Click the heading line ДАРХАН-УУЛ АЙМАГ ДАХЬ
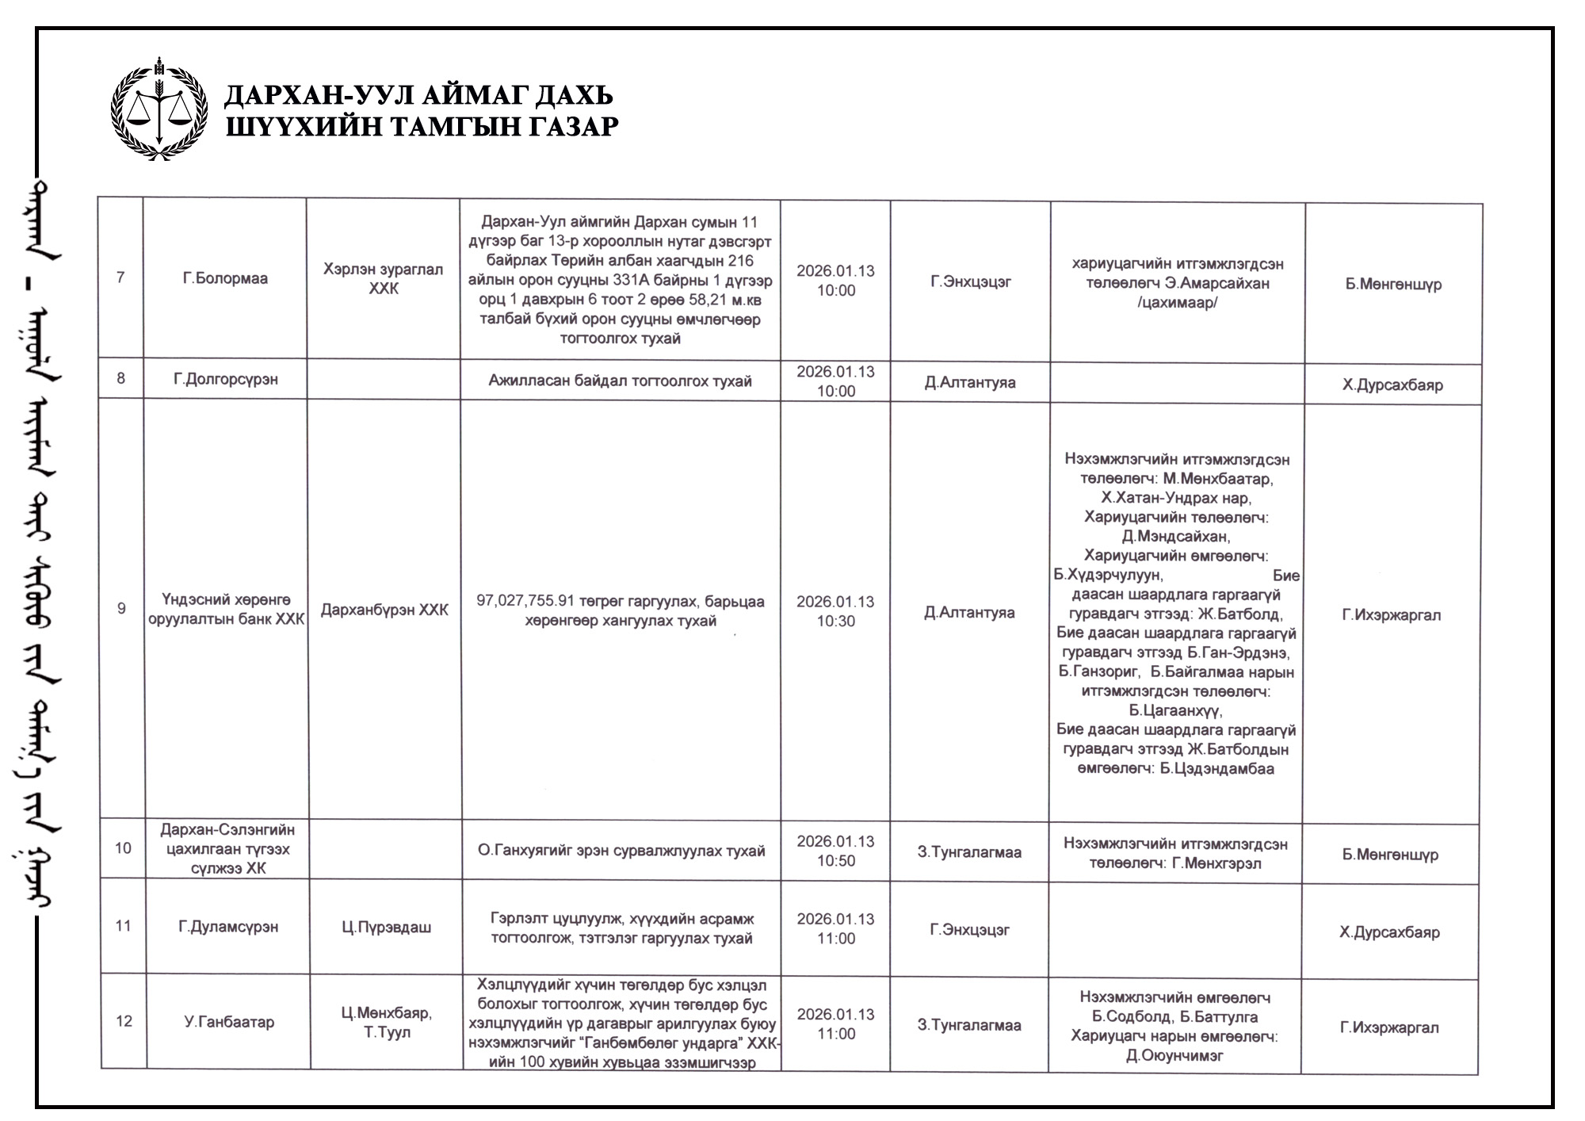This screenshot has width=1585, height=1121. pyautogui.click(x=418, y=95)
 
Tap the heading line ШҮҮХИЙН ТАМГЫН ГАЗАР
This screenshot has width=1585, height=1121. pyautogui.click(x=422, y=126)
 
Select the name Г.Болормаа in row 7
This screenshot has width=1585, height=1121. pyautogui.click(x=225, y=278)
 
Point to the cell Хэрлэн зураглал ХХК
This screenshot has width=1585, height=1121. pyautogui.click(x=384, y=279)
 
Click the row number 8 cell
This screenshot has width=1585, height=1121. pyautogui.click(x=121, y=378)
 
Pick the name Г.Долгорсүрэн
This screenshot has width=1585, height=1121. pyautogui.click(x=226, y=379)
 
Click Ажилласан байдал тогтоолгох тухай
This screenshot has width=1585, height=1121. pyautogui.click(x=620, y=381)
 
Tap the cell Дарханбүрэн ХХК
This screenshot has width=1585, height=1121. pyautogui.click(x=384, y=610)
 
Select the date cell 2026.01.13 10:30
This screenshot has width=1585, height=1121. pyautogui.click(x=835, y=611)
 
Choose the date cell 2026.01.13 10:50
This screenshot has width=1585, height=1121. pyautogui.click(x=835, y=851)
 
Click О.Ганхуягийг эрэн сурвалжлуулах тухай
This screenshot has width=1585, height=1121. pyautogui.click(x=621, y=851)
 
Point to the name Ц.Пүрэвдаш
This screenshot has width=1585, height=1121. pyautogui.click(x=387, y=927)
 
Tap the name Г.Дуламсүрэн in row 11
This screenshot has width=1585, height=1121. pyautogui.click(x=228, y=926)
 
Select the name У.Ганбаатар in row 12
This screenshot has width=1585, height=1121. pyautogui.click(x=229, y=1022)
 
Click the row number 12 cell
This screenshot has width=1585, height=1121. pyautogui.click(x=124, y=1021)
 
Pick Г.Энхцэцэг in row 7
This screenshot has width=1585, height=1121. pyautogui.click(x=971, y=281)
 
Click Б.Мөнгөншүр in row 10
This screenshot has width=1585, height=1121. pyautogui.click(x=1390, y=855)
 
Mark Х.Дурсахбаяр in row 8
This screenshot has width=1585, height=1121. pyautogui.click(x=1392, y=385)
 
